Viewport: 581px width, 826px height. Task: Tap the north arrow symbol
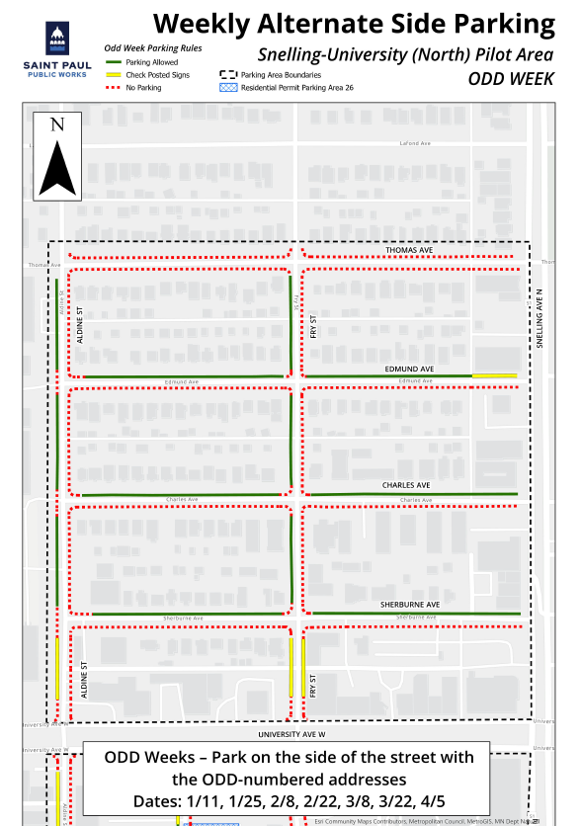57,156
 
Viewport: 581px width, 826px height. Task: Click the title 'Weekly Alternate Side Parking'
354,24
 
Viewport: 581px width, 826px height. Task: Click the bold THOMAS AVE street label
410,251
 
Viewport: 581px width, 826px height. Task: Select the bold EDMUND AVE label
409,369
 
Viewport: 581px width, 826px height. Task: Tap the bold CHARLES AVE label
406,486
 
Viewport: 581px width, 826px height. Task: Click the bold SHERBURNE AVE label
409,603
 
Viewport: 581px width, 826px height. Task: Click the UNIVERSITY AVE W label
291,736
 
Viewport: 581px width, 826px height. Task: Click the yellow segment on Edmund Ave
494,376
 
